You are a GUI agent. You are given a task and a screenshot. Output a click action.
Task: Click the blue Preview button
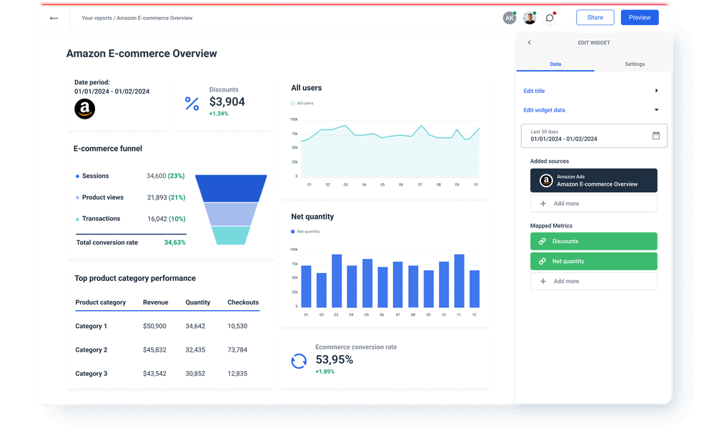tap(640, 18)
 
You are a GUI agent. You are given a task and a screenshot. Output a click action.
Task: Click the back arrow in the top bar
tap(54, 18)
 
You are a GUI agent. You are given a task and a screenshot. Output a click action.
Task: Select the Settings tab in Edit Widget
tap(635, 64)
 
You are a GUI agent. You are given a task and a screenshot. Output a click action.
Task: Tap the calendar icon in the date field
tap(656, 135)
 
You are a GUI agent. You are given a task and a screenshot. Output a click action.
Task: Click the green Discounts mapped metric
tap(593, 242)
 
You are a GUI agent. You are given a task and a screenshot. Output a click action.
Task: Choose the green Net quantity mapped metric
tap(593, 262)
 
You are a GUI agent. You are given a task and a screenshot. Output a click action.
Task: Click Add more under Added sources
tap(593, 204)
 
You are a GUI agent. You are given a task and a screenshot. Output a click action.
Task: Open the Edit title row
tap(590, 91)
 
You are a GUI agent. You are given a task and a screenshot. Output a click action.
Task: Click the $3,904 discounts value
tap(227, 101)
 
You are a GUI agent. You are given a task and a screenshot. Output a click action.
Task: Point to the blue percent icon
tap(192, 104)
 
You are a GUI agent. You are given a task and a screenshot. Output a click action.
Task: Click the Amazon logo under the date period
tap(84, 109)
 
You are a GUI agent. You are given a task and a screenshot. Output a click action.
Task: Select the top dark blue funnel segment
tap(231, 188)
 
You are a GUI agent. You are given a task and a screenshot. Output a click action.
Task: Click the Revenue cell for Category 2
tap(154, 350)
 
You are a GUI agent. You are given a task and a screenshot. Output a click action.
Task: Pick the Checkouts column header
tap(243, 302)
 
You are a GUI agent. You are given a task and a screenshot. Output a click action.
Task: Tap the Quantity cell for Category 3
tap(195, 374)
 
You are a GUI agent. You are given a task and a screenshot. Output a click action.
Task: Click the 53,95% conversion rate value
tap(334, 360)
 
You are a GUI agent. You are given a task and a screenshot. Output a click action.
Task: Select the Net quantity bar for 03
tap(337, 281)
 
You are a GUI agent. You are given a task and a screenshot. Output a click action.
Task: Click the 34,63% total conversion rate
tap(174, 243)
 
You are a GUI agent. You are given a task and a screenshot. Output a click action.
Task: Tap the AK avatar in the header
tap(510, 18)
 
